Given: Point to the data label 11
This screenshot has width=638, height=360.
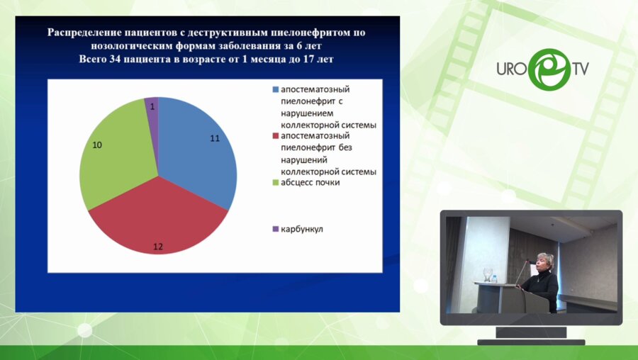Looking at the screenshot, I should coord(215,137).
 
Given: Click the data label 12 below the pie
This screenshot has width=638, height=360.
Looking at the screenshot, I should coord(158,247).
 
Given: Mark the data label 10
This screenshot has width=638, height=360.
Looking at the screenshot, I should coord(98,145).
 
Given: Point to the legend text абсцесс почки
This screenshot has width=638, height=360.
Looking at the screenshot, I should coord(310,183).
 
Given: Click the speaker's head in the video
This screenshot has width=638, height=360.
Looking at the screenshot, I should coord(547,261).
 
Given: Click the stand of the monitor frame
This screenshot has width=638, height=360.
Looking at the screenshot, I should coord(531,331).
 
